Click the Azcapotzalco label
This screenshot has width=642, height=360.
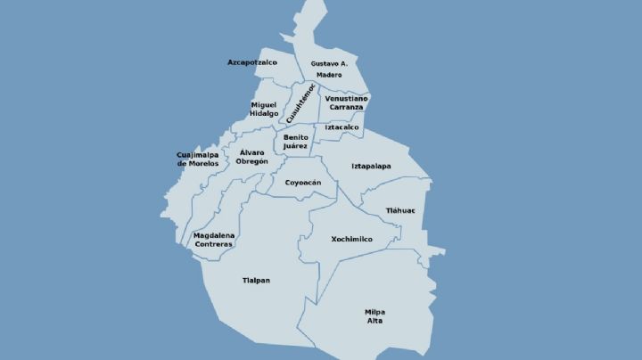coord(252,62)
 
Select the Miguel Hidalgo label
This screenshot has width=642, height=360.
coord(264,109)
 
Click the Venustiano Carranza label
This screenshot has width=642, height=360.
coord(344,102)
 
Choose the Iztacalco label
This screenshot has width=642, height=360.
coord(342,127)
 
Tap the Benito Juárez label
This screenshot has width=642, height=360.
coord(296,142)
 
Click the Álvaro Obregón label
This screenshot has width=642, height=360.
coord(253,157)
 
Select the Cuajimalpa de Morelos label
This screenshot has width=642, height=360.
coord(198,159)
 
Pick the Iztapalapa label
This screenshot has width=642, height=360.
coord(371,166)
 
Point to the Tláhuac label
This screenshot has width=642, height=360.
coord(400,210)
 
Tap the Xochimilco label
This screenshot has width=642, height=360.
coord(350,239)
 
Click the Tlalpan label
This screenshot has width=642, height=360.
coord(256,281)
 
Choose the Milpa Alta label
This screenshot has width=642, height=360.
coord(375,315)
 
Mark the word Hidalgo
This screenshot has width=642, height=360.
coord(264,114)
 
